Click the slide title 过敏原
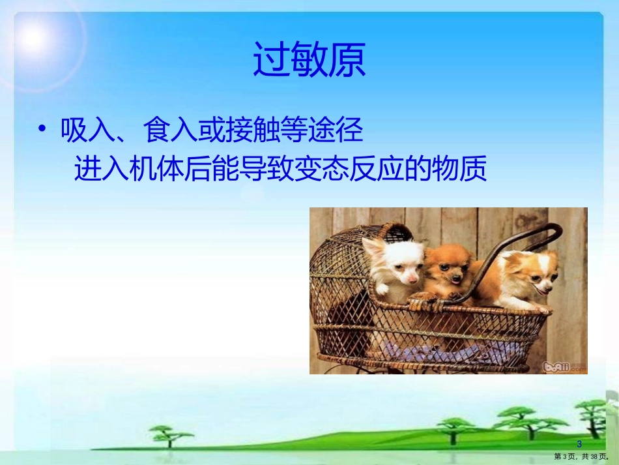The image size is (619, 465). (x=309, y=61)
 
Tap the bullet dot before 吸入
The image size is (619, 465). (x=42, y=130)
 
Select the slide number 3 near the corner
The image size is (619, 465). (x=579, y=444)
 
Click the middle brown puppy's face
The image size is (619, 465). (x=447, y=267)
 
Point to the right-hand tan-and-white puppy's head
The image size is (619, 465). (x=534, y=271)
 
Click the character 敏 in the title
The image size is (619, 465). (x=309, y=61)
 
